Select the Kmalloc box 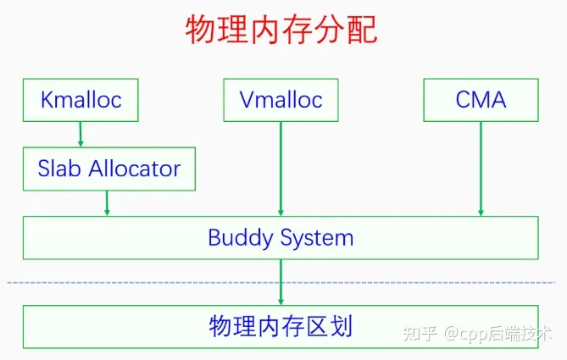[81, 100]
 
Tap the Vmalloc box [281, 100]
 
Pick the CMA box [481, 100]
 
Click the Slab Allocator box [108, 168]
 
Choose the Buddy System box [281, 237]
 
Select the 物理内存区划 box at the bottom [281, 326]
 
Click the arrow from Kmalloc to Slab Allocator [81, 133]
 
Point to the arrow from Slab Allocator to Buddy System [108, 202]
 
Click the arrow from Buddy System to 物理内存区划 [281, 281]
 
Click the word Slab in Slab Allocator [56, 168]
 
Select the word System [314, 237]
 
